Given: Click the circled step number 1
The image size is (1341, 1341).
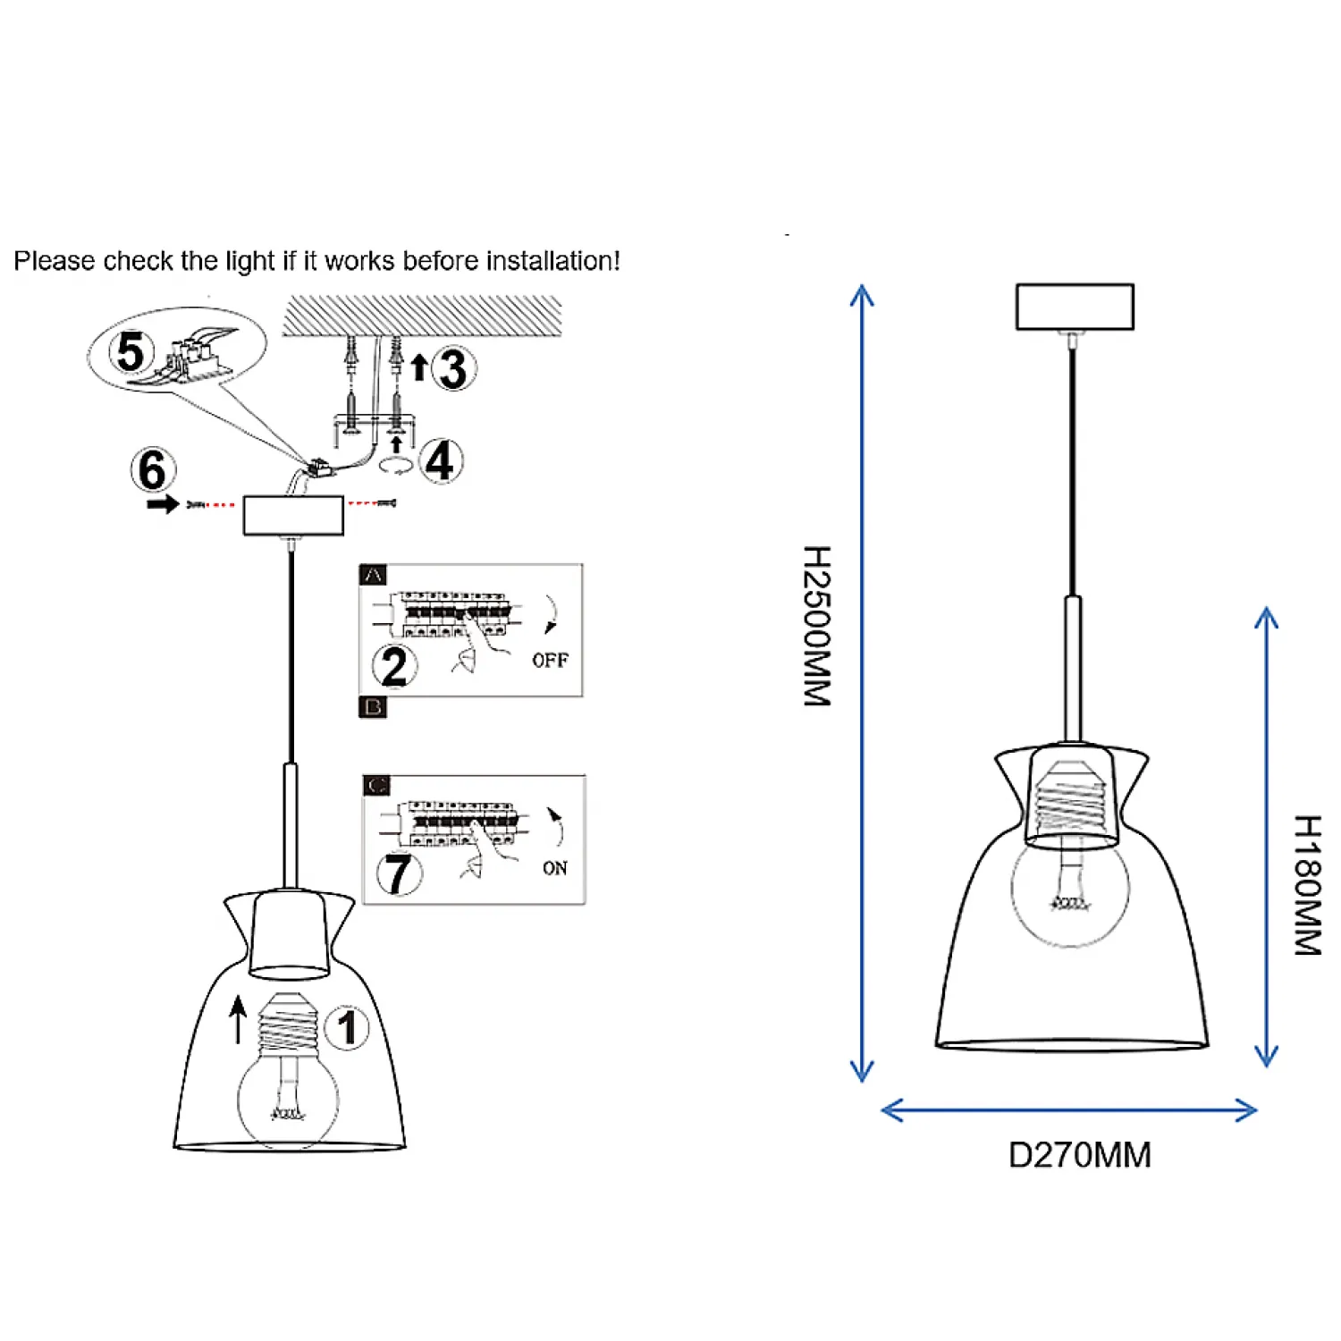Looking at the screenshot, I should point(347,1027).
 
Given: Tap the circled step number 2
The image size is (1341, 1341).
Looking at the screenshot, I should point(394,666).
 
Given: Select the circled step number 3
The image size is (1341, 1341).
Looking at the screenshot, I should point(453,368).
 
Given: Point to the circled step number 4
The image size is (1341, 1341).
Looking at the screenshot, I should point(440,461).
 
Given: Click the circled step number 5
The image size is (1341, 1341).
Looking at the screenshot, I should point(131,351).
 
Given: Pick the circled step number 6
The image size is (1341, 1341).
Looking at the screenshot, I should point(153,470).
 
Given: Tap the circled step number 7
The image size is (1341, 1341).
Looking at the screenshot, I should point(399,873).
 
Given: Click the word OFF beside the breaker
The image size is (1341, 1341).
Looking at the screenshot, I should point(550,661).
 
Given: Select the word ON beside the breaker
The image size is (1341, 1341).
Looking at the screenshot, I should point(554,868).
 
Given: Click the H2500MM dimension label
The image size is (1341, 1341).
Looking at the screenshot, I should point(817,626).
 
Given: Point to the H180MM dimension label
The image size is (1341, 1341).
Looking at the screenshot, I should point(1307,885).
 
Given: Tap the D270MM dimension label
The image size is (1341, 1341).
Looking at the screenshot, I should point(1079,1155).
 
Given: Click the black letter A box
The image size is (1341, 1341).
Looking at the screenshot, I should point(373,575).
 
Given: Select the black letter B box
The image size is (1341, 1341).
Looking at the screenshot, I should point(373,707).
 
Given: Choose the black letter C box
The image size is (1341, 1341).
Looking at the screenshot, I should point(376,785).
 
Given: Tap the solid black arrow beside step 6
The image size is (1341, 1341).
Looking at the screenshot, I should point(163,505).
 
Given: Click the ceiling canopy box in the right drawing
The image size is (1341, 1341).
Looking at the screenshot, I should point(1075,307).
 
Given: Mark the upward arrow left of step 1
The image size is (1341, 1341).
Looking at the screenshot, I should point(238,1019).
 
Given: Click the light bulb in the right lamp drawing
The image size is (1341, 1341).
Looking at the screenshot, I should point(1070,890).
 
